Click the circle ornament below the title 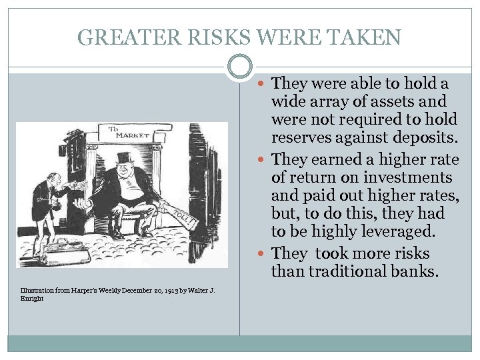240,67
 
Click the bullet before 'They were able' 265,84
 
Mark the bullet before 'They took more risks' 265,254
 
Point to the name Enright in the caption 33,299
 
